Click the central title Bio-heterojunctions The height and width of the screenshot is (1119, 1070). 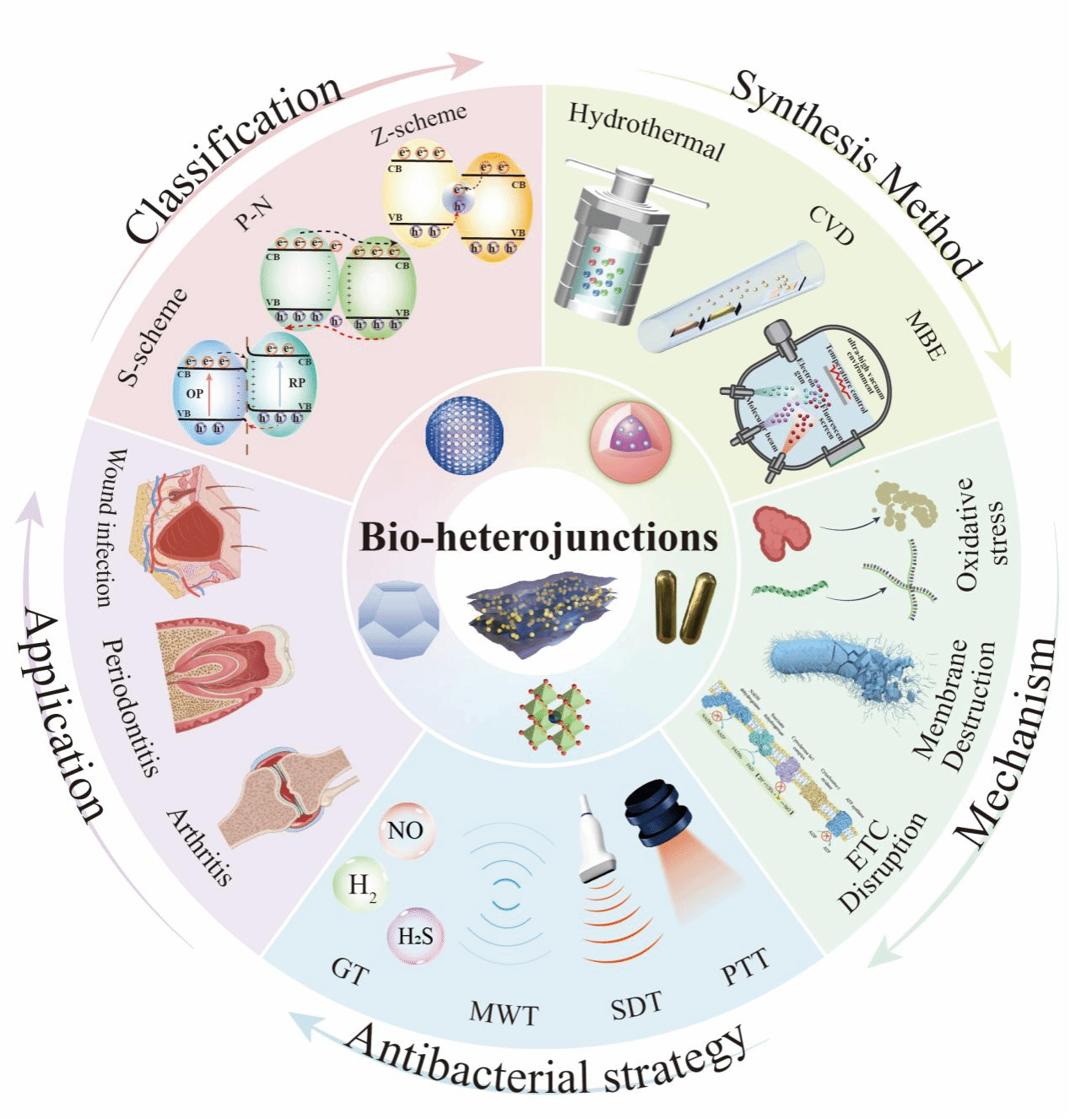[538, 538]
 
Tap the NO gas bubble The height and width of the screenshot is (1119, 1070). [406, 830]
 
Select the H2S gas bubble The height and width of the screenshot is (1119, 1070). [415, 936]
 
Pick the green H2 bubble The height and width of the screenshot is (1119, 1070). [361, 885]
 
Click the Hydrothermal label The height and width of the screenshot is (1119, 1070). [646, 131]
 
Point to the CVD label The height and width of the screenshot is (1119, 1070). [832, 224]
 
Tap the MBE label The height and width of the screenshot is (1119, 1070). [926, 335]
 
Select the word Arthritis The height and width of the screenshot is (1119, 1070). [199, 846]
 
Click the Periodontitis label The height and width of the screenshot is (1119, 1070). [130, 706]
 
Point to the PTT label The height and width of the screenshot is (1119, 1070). [745, 967]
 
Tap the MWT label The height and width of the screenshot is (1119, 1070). [504, 1013]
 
